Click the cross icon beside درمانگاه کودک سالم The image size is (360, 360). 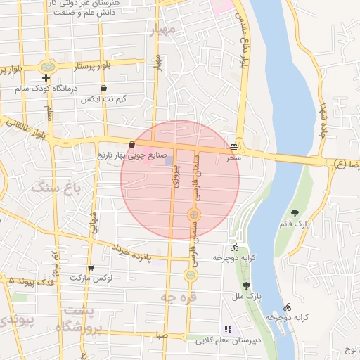tap(46, 77)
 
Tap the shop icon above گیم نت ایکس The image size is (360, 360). tap(104, 89)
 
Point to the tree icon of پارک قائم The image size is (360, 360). tap(295, 213)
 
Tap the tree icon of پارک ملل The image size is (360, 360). tap(246, 285)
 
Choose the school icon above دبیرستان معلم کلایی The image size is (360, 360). tap(226, 328)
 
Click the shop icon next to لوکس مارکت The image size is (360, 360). tap(91, 268)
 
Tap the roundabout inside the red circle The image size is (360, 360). tap(194, 214)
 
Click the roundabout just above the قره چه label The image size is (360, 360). tap(190, 276)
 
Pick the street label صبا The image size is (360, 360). tap(162, 335)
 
